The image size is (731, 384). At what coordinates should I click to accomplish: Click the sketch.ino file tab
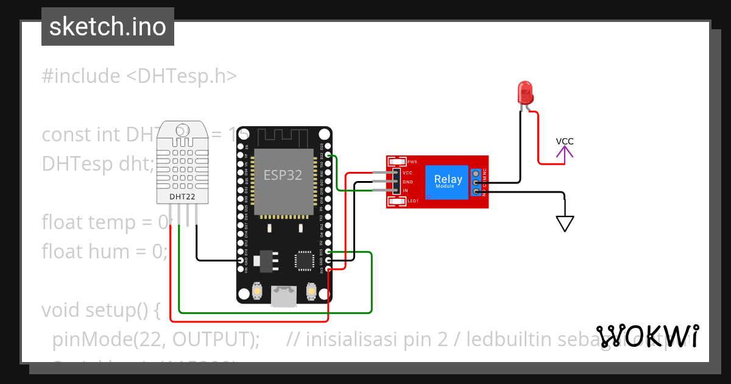[108, 27]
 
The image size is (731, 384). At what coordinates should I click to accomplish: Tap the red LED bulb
[524, 92]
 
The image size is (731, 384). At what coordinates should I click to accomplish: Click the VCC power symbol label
[565, 141]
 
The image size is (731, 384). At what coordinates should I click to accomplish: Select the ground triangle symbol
[565, 224]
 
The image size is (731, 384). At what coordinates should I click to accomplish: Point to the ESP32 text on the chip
[283, 176]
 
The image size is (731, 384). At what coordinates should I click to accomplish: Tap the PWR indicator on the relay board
[412, 162]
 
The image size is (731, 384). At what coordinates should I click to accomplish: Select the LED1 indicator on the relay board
[412, 201]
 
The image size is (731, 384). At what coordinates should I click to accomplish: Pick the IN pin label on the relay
[405, 191]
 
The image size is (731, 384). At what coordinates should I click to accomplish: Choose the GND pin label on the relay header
[408, 182]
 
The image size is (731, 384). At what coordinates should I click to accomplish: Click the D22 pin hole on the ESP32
[328, 156]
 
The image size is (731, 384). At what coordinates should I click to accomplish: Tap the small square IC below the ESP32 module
[303, 260]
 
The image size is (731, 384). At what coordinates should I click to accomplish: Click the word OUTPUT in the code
[211, 339]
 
